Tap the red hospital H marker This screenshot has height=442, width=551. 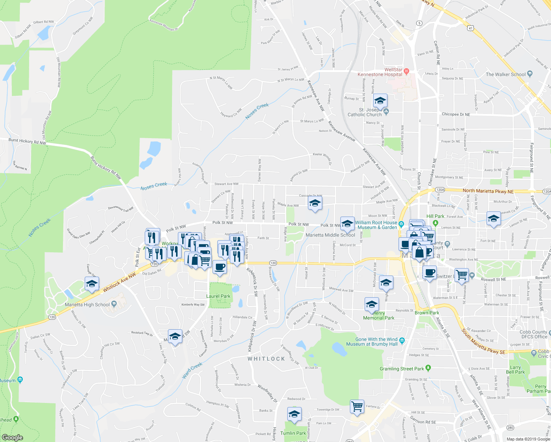406,71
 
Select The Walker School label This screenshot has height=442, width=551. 505,74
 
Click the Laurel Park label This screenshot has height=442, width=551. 218,296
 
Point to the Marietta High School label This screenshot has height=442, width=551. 87,305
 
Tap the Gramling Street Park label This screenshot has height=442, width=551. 402,369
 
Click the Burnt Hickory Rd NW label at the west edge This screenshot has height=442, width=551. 27,141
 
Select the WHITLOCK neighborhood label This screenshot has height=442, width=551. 266,359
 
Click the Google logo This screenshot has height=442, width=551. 12,437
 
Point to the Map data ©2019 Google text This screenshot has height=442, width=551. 527,439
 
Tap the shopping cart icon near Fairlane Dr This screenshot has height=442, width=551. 357,407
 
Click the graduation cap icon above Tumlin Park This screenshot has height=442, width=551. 294,414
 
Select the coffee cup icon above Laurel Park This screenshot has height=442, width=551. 220,267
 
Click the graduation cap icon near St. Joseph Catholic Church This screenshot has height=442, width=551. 380,101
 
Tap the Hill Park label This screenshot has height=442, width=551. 435,216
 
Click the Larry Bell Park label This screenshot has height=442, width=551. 515,370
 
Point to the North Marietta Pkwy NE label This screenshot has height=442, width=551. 488,191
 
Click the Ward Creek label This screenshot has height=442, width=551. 192,371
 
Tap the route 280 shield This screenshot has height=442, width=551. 510,428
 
